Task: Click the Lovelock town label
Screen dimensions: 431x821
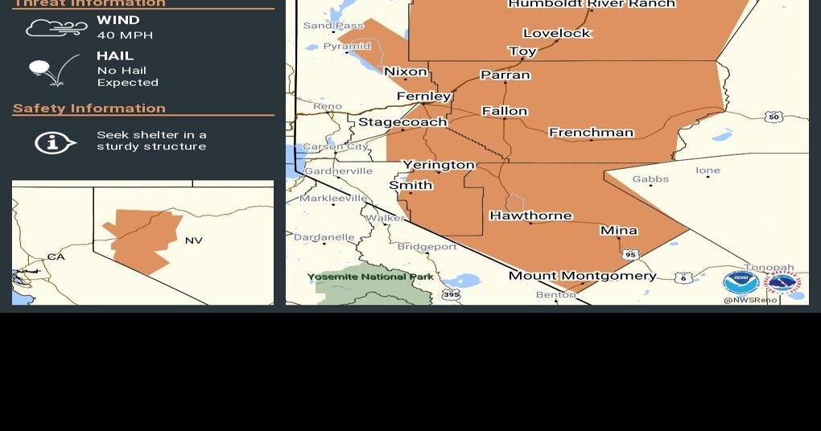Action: coord(557,33)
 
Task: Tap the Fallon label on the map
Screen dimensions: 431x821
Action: coord(505,111)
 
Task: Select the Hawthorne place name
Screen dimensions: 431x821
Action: coord(530,215)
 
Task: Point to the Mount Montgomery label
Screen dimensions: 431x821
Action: coord(582,276)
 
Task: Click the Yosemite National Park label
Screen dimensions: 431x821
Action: coord(370,277)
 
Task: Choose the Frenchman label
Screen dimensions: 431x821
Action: coord(591,133)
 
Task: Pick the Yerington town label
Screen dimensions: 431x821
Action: coord(439,165)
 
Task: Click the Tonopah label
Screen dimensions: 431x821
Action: coord(769,268)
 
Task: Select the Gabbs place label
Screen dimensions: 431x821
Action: coord(650,179)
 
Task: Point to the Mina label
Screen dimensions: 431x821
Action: coord(618,231)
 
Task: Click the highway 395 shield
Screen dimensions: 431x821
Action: coord(451,295)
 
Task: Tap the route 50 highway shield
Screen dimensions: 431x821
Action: coord(774,117)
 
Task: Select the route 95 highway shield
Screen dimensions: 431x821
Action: coord(630,255)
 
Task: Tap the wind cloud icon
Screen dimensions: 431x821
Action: coord(56,28)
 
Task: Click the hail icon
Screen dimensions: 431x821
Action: coord(53,70)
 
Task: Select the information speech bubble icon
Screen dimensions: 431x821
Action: coord(55,142)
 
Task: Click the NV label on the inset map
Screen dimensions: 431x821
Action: coord(194,240)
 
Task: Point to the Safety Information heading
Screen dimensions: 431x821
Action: coord(89,109)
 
